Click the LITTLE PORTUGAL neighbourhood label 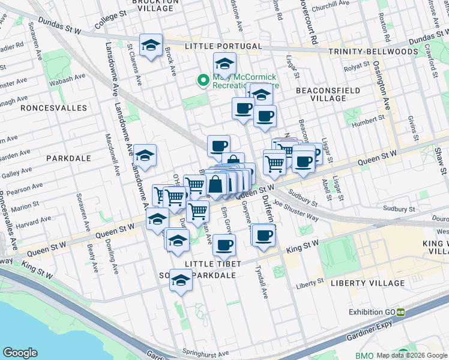(223, 46)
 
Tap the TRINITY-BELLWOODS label (373, 52)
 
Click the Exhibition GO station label (373, 312)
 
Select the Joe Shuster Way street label (296, 211)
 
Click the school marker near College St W (151, 44)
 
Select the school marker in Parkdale (144, 156)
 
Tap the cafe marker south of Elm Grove (224, 245)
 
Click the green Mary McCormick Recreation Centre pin (203, 79)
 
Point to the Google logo (20, 352)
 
